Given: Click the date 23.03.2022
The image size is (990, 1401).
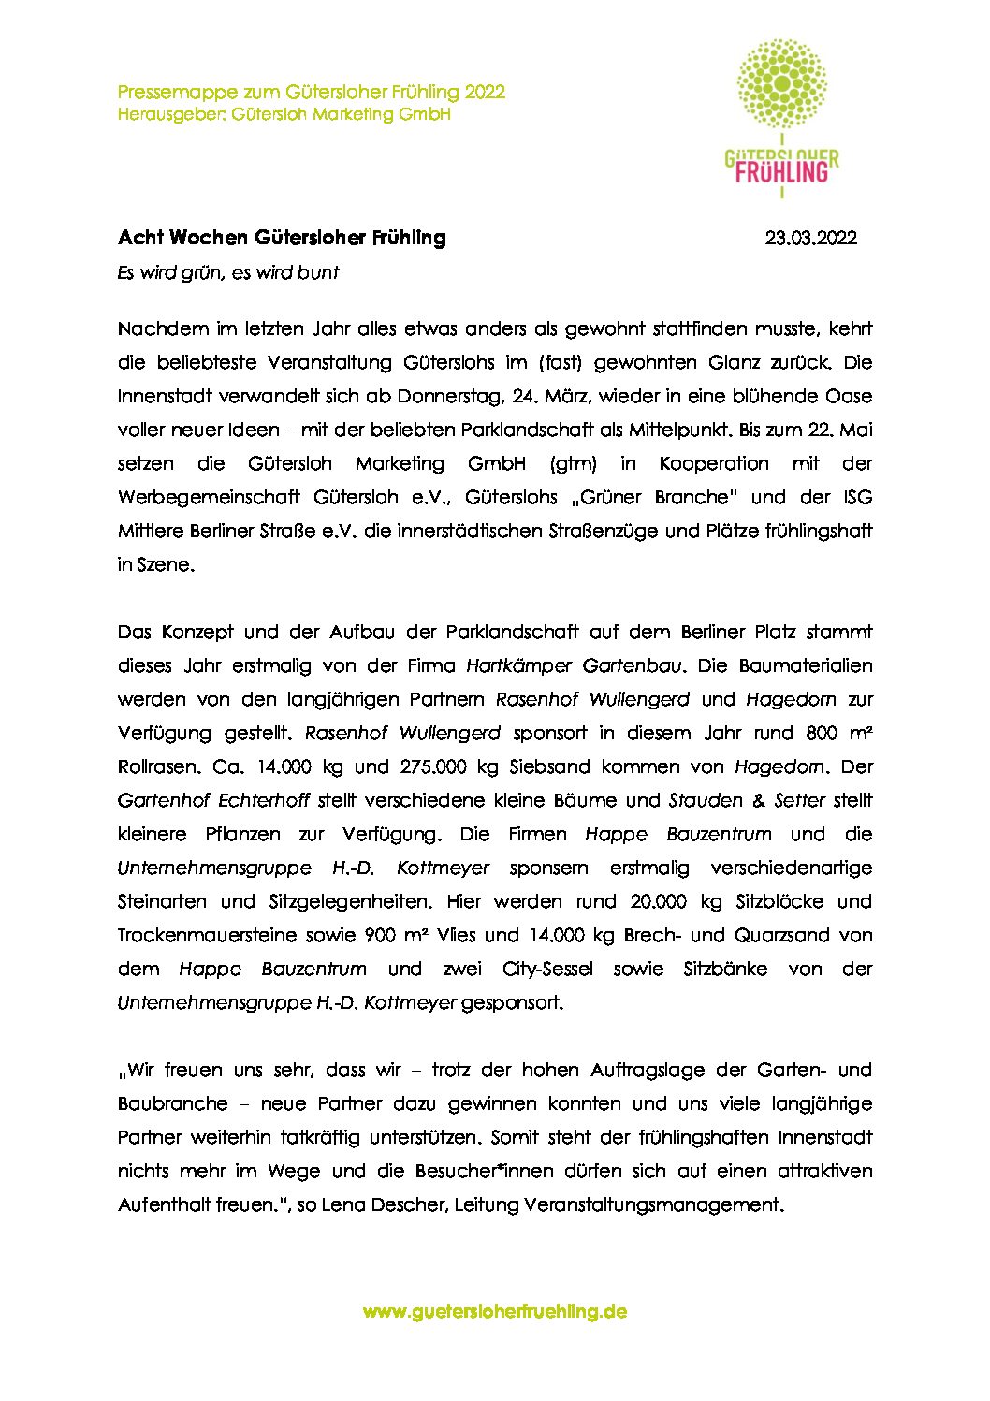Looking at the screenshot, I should pyautogui.click(x=810, y=239).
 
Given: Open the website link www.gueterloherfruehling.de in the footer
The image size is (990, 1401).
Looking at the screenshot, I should pyautogui.click(x=494, y=1311).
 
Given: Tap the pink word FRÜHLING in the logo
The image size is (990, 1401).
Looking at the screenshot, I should pyautogui.click(x=781, y=172).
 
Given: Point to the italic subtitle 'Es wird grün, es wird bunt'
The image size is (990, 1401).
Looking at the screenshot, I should pyautogui.click(x=227, y=273).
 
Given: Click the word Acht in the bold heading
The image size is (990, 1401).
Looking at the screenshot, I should pyautogui.click(x=139, y=238).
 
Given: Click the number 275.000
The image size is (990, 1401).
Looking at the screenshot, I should pyautogui.click(x=448, y=766).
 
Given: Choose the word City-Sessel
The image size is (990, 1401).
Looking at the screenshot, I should pyautogui.click(x=547, y=969).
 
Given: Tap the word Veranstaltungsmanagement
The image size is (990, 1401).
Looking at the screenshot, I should pyautogui.click(x=651, y=1204).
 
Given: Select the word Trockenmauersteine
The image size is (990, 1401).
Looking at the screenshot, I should pyautogui.click(x=207, y=935).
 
